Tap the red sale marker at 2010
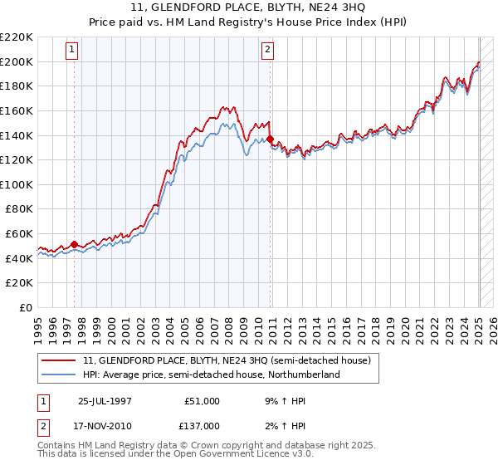(271, 139)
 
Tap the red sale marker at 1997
(74, 244)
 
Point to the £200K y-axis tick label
(17, 61)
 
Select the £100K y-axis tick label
(17, 184)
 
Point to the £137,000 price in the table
(203, 425)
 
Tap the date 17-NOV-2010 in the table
(105, 425)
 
